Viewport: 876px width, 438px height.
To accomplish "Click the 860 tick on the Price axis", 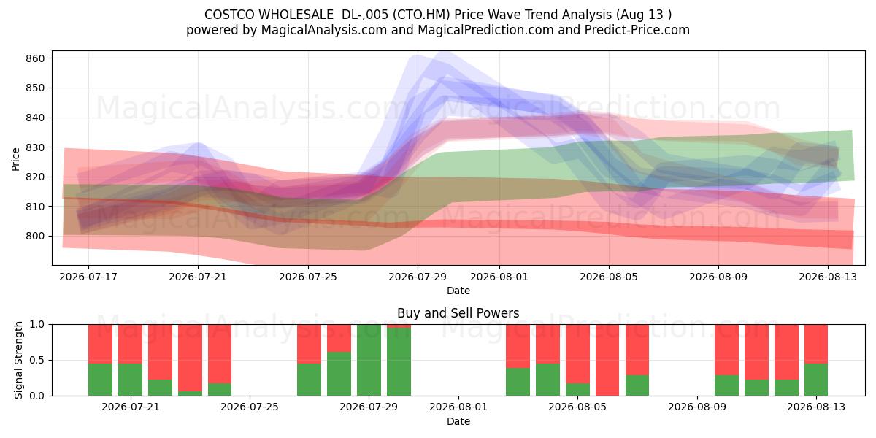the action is [36, 58].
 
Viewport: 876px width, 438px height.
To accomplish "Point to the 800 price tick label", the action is [36, 237].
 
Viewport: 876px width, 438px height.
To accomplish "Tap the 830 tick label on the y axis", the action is [36, 147].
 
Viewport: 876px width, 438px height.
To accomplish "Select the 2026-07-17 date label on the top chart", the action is [88, 277].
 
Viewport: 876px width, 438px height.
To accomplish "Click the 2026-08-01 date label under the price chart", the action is [499, 277].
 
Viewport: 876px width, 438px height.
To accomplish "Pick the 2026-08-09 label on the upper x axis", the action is [718, 277].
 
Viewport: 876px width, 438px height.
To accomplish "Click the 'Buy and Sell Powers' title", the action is [458, 313].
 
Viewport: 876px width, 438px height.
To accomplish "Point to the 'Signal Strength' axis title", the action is [18, 360].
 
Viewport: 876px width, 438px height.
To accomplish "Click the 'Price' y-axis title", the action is [15, 159].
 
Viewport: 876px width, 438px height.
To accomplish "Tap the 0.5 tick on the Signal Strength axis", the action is [38, 360].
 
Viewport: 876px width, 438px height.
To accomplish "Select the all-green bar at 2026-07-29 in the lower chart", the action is [369, 360].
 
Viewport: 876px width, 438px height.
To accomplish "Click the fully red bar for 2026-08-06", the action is [607, 360].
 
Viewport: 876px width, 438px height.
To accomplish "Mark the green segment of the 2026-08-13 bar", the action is [816, 380].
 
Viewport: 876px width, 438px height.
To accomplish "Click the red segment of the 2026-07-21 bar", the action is [130, 344].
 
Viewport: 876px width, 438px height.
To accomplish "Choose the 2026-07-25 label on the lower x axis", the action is [250, 407].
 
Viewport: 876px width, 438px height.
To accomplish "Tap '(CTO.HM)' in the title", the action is [421, 15].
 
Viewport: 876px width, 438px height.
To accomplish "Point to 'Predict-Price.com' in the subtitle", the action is [637, 30].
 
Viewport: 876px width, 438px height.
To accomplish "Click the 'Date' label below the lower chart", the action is [458, 422].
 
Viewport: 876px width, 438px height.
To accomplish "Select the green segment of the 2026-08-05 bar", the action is [577, 390].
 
